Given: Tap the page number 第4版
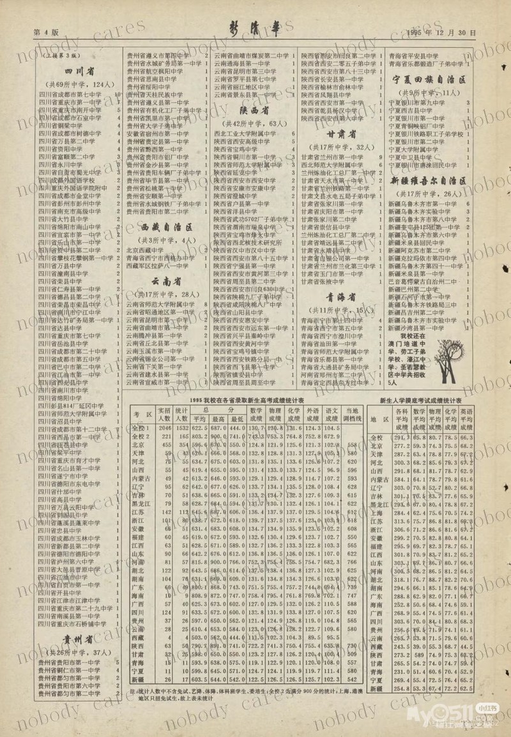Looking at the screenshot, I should click(x=45, y=32).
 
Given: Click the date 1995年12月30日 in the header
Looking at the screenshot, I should click(x=441, y=32).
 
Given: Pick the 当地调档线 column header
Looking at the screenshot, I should click(x=352, y=413).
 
